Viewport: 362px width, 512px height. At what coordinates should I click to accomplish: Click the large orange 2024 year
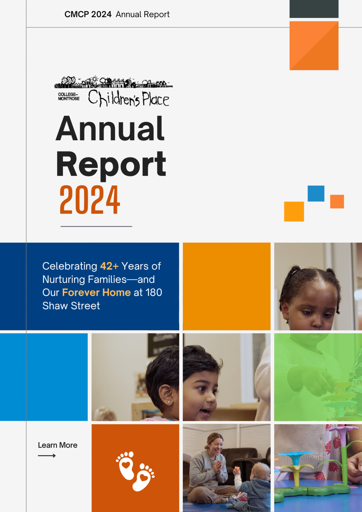click(90, 200)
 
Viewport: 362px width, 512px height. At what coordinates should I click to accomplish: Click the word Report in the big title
click(111, 164)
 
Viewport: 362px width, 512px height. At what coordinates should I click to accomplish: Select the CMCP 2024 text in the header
click(88, 14)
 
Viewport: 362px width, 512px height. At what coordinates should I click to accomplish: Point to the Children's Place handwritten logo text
click(129, 99)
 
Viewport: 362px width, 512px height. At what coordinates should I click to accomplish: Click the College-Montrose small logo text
click(69, 97)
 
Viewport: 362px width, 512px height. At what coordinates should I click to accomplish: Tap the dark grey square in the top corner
click(314, 9)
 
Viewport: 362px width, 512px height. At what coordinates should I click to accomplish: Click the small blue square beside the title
click(316, 194)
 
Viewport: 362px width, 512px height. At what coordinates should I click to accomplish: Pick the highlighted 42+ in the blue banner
click(109, 266)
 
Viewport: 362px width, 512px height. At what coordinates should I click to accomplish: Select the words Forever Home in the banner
click(96, 293)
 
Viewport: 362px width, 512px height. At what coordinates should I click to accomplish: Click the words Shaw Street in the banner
click(71, 306)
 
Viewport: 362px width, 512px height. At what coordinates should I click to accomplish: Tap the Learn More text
click(58, 445)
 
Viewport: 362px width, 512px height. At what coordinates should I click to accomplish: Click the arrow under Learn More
click(47, 456)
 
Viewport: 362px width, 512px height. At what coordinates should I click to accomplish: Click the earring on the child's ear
click(169, 402)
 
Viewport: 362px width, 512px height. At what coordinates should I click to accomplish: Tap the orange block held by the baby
click(237, 468)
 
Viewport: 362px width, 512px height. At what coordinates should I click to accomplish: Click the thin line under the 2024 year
click(96, 226)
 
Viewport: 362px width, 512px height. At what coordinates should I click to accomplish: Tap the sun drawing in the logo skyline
click(94, 79)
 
